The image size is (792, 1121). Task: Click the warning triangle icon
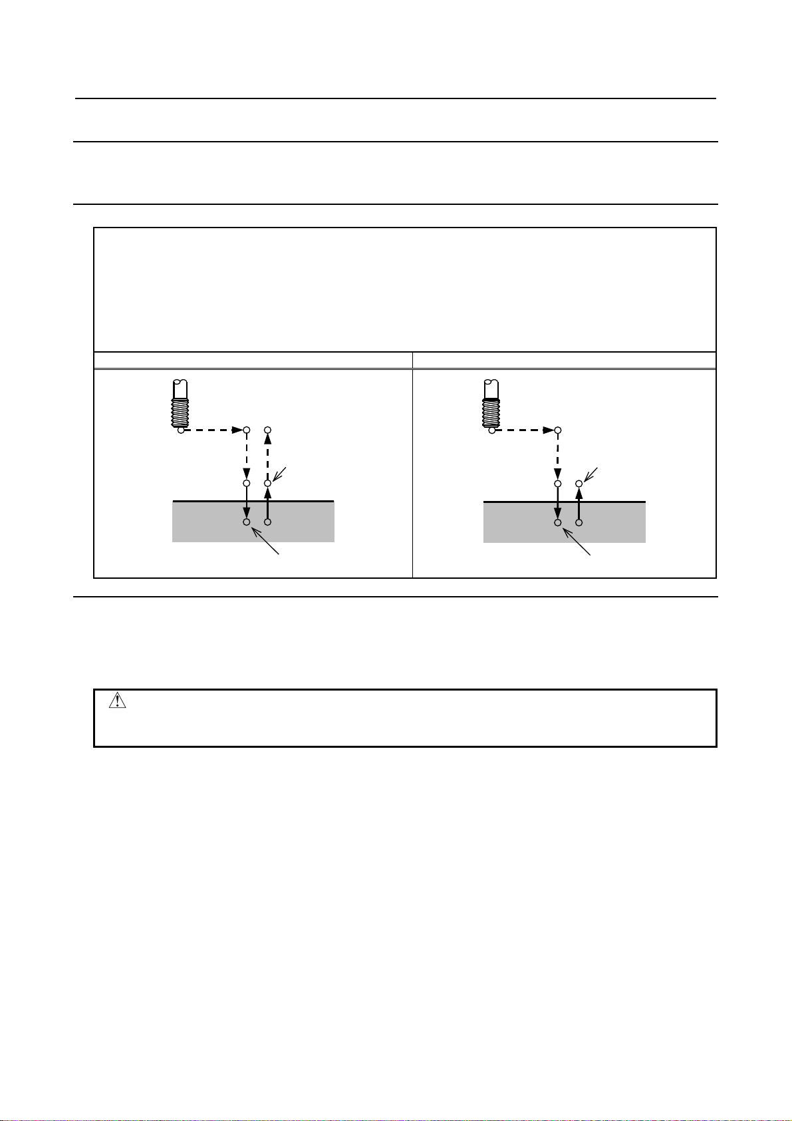[117, 701]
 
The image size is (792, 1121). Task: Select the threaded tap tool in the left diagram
[180, 403]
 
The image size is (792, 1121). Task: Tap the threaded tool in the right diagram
[491, 403]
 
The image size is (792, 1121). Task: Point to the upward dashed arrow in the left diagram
[268, 456]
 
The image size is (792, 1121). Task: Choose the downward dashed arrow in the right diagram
[558, 456]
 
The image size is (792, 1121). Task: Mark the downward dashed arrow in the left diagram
[246, 456]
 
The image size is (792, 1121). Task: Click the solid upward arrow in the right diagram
[579, 504]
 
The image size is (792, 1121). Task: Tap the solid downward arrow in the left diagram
[246, 502]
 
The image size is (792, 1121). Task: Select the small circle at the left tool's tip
[181, 430]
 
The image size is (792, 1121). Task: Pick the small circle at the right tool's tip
[491, 430]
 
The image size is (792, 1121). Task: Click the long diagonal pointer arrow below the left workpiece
[265, 540]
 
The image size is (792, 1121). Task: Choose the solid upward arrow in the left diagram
[268, 504]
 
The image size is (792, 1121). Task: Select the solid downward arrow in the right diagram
[558, 502]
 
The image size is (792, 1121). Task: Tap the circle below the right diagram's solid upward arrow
[579, 523]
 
